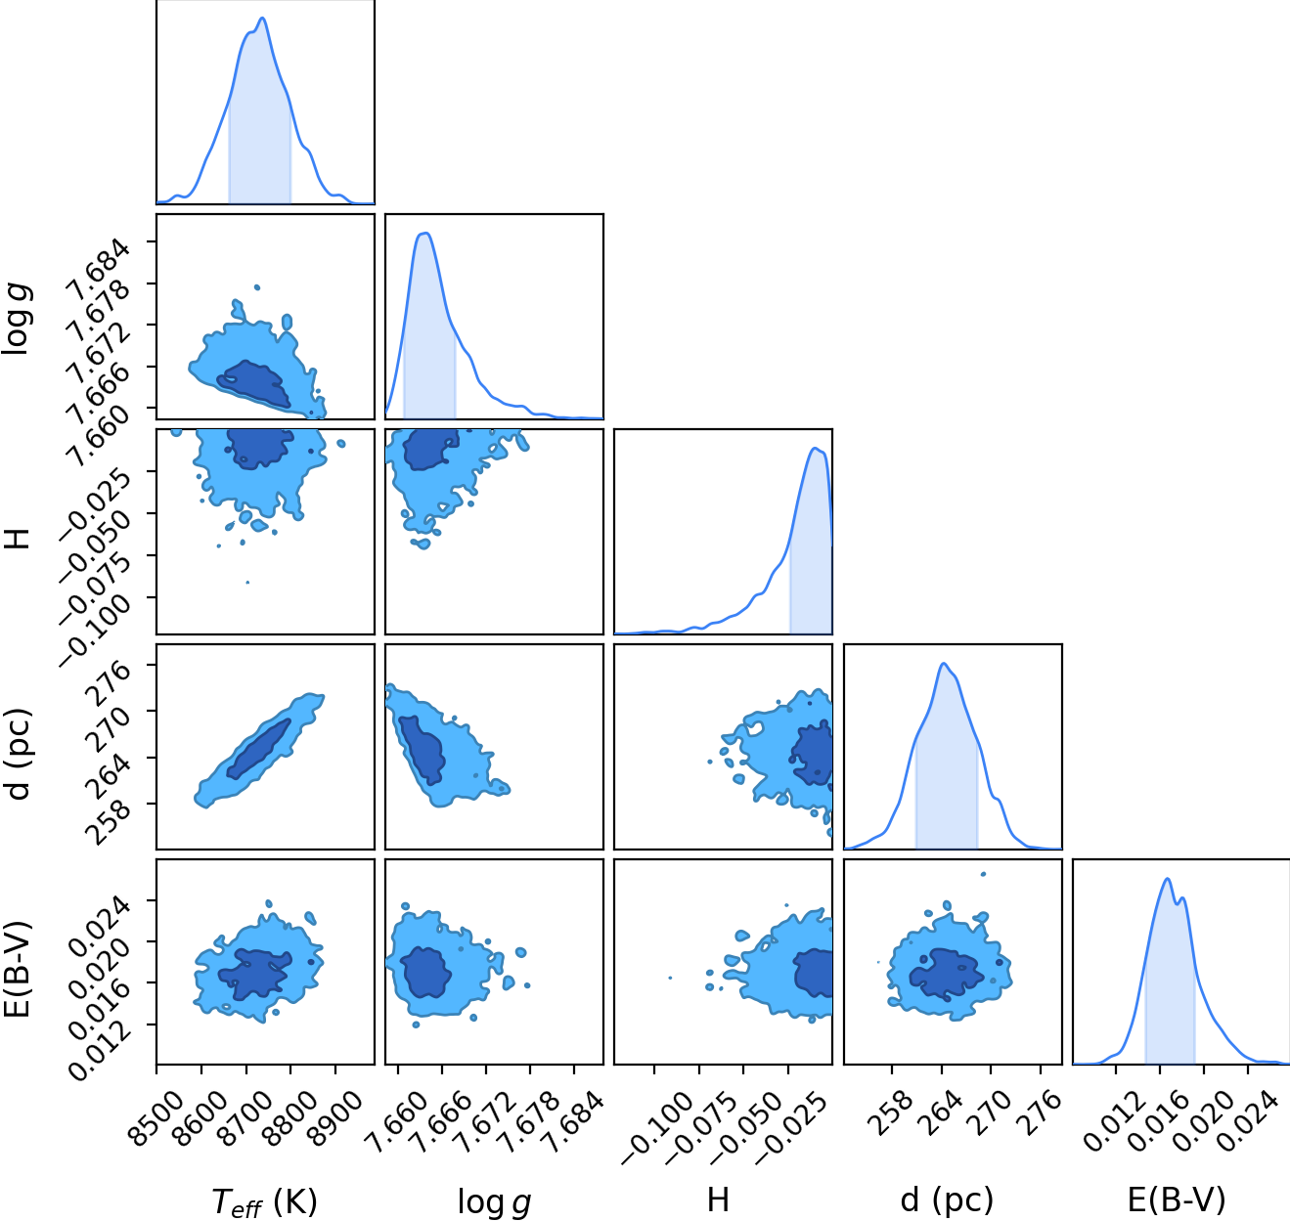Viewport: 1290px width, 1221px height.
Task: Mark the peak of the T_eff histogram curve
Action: (x=262, y=18)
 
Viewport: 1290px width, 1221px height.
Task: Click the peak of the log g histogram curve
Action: (x=425, y=233)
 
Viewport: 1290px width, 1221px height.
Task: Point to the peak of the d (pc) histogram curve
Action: (x=944, y=664)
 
